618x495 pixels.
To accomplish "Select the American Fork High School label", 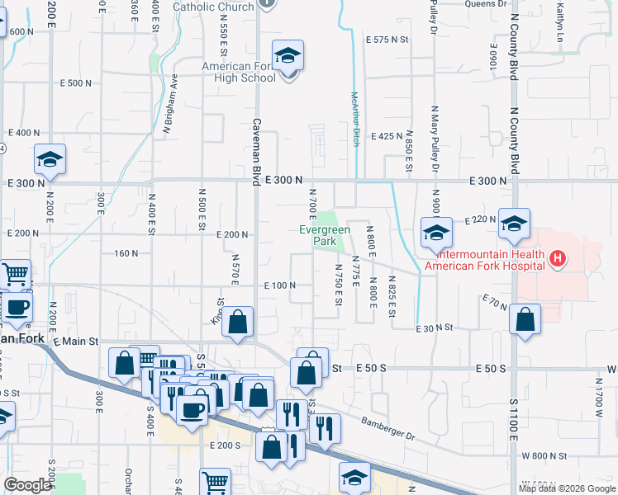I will (240, 73).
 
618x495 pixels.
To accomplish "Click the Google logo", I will (27, 485).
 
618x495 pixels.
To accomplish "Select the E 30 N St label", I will (436, 328).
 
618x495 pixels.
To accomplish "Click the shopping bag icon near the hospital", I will (525, 319).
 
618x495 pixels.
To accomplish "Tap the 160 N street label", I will (126, 253).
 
